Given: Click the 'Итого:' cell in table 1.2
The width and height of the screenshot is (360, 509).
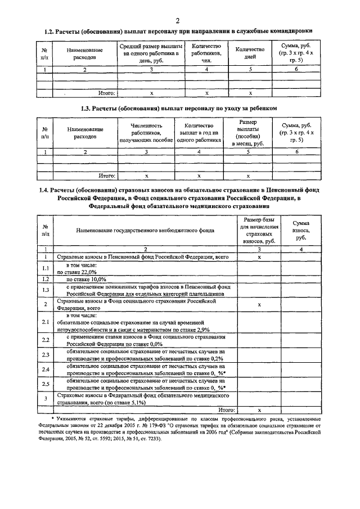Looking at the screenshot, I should point(107,92).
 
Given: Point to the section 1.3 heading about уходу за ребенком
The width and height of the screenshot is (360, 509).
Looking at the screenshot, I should point(180,107).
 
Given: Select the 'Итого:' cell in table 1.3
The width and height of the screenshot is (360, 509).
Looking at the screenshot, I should point(107,175).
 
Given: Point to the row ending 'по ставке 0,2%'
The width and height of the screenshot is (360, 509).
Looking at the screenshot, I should point(141,354).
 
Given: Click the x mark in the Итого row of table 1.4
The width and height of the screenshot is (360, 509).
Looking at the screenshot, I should point(259,411).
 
